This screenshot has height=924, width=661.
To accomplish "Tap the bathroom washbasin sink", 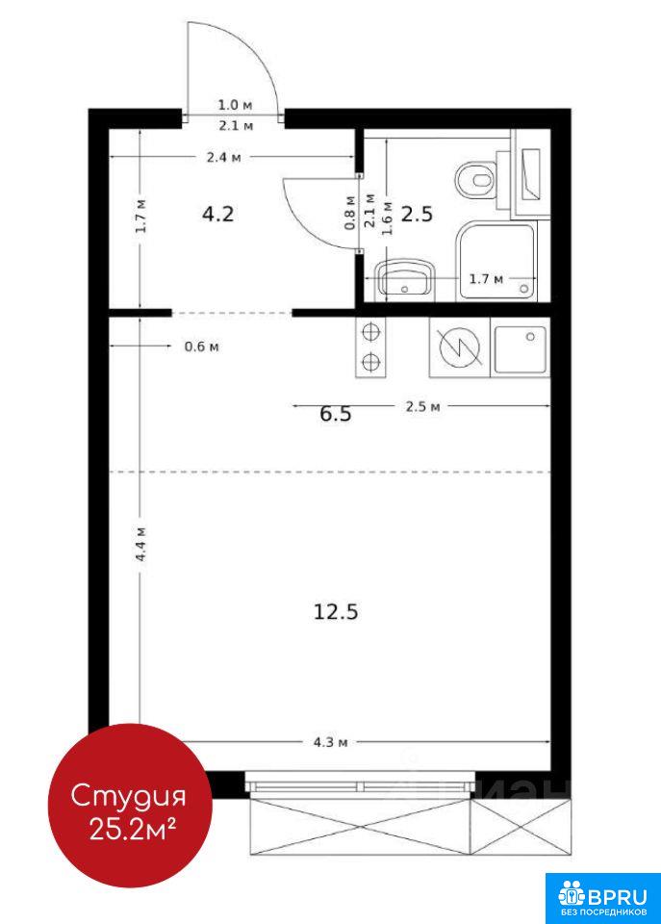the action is pos(405,279).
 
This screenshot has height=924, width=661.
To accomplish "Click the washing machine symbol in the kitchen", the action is pos(460,347).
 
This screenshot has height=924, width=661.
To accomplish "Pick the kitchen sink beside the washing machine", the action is pos(521,347).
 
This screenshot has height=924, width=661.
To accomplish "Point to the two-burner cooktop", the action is pos(370,347).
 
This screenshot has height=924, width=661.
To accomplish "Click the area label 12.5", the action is pos(335,612).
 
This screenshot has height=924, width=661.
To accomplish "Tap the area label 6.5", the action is pos(335,414).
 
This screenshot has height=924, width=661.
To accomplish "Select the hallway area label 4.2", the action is pos(218,214).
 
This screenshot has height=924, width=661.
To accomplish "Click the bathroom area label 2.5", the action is pos(418,214).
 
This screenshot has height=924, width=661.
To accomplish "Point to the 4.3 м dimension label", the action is pos(330,742).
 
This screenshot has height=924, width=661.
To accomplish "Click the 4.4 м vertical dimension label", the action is pos(140,544).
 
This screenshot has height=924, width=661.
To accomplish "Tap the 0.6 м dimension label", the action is pos(201,346).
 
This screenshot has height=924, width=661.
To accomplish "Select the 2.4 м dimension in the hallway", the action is pos(223,157).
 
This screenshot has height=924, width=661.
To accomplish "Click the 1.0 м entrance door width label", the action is pos(235,106).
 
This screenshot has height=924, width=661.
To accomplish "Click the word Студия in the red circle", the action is pos(128,797).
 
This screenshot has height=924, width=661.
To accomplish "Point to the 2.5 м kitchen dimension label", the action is pos(422,406).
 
